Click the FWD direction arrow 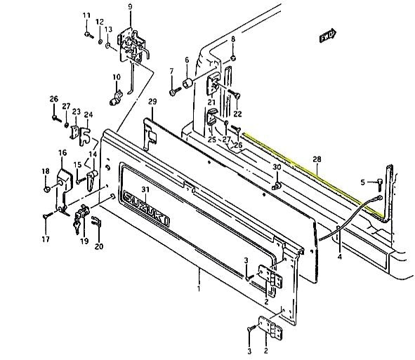328,36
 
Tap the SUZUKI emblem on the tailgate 146,208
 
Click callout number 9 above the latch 130,6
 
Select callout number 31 145,189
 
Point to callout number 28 317,159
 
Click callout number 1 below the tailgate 199,288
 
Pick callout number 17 46,239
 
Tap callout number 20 99,246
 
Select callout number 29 152,101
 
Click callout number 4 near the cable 340,256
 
